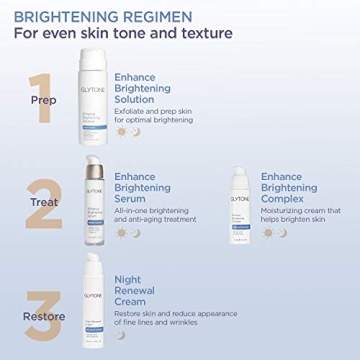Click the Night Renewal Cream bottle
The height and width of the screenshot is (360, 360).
pos(92,301)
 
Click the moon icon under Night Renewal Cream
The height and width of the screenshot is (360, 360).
pos(121,335)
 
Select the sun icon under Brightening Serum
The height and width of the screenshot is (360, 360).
pos(121,233)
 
